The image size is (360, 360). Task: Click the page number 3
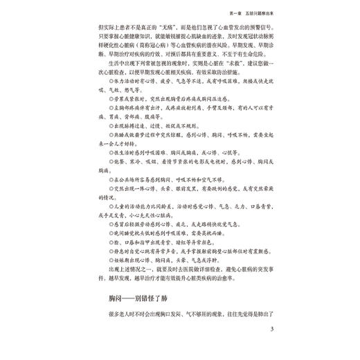tap(273, 328)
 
